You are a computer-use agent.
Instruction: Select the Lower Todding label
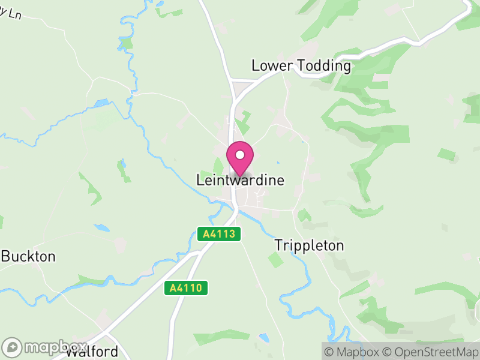click(301, 66)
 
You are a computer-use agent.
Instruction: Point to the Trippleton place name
click(310, 245)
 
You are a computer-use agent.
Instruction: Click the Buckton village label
click(29, 257)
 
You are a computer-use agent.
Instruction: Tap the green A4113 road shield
click(219, 234)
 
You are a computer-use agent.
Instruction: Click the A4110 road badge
click(186, 289)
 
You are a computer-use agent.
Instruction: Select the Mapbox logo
click(45, 347)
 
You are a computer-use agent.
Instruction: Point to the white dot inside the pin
click(240, 155)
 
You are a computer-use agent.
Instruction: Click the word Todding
click(325, 66)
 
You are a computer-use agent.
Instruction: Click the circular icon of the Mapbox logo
click(12, 347)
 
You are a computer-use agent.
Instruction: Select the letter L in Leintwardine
click(200, 180)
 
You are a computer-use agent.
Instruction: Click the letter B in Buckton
click(5, 257)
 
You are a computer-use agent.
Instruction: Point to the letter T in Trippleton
click(278, 245)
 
